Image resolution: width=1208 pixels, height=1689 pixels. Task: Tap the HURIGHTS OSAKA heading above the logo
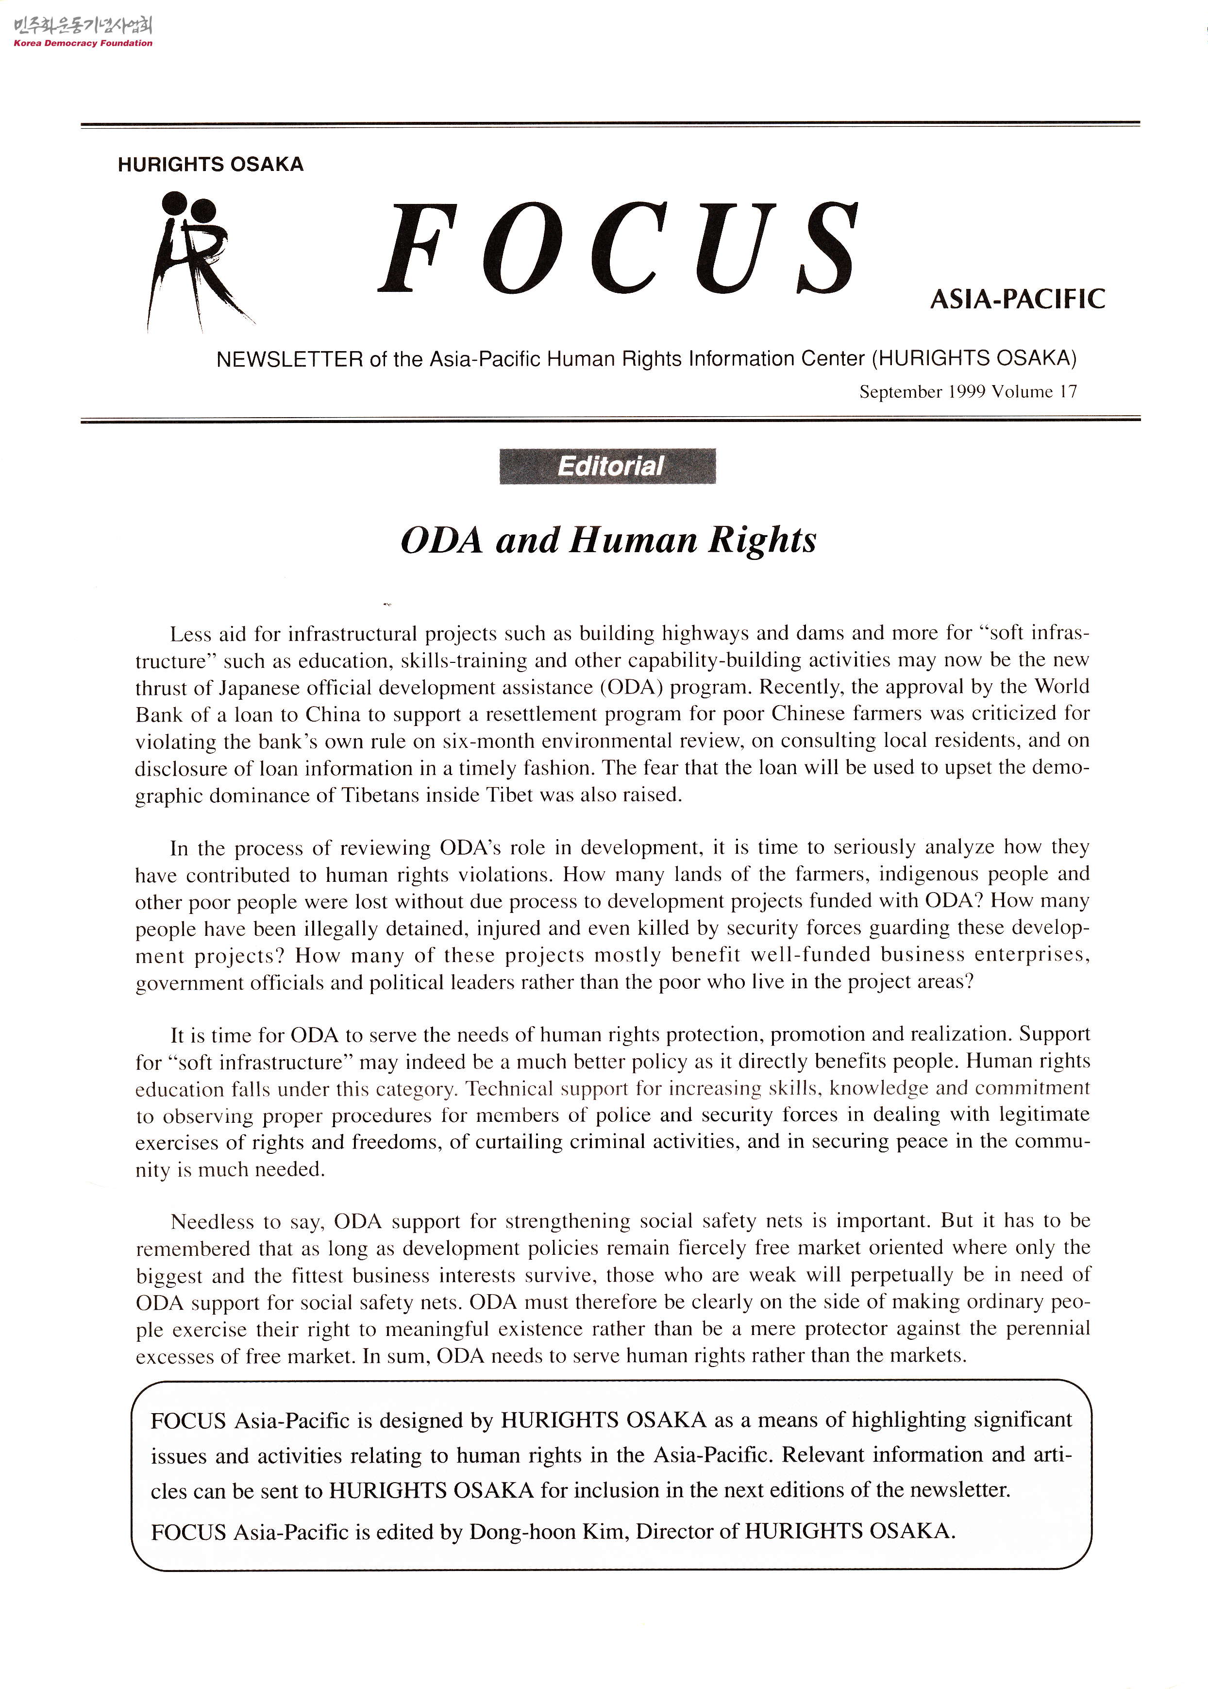coord(211,165)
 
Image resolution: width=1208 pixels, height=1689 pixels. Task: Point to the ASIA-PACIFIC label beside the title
coord(1017,300)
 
